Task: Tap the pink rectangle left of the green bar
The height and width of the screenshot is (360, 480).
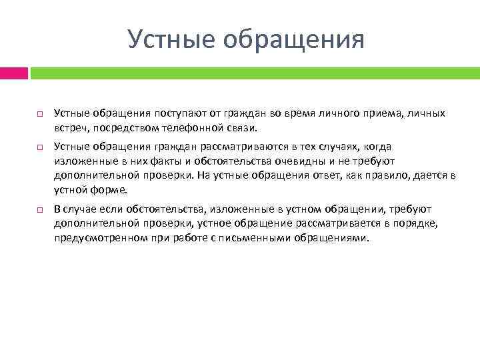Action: pos(13,73)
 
